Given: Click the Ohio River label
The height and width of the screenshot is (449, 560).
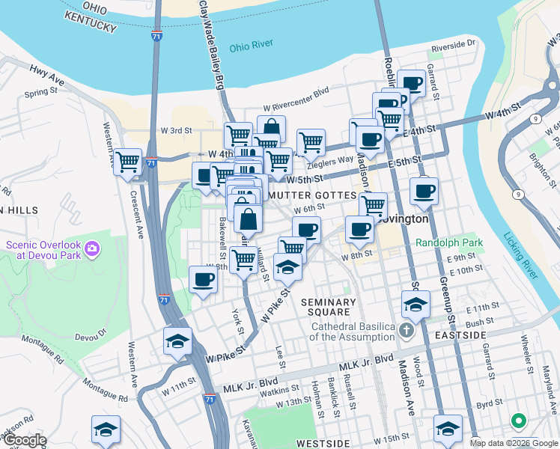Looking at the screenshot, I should click(x=251, y=46).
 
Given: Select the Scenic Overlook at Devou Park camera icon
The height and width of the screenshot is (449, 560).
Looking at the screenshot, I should click(x=92, y=247).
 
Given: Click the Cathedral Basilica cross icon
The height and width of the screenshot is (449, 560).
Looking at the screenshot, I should click(x=406, y=331).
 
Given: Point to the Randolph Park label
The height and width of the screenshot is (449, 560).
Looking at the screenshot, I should click(x=449, y=243).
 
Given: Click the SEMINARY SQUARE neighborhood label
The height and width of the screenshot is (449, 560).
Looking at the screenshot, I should click(x=326, y=307).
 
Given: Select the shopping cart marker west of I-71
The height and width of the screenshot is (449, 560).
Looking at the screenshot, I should click(x=128, y=161).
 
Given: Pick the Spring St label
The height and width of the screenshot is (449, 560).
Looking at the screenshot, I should click(x=40, y=93).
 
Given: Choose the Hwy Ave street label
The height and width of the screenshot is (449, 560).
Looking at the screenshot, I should click(x=47, y=73).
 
